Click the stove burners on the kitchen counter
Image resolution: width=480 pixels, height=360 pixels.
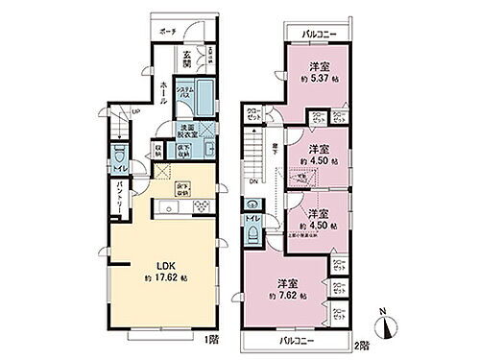click(203, 205)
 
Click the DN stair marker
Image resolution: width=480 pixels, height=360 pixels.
click(253, 181)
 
